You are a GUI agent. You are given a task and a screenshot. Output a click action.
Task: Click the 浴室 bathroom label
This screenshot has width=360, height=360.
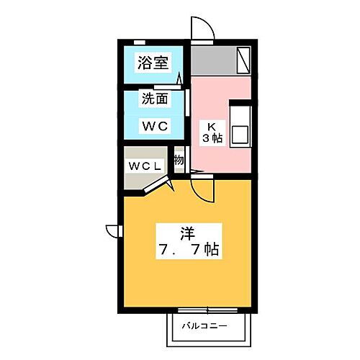pos(153,63)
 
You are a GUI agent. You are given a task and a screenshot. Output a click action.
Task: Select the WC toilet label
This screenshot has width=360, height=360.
pos(153,125)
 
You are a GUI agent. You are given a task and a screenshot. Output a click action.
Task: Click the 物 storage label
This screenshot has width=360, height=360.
pos(179,160)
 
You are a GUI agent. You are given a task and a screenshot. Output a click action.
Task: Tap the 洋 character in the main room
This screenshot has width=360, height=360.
pos(186,234)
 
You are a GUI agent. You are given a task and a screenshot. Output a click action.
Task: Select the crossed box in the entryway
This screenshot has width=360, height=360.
pos(243,58)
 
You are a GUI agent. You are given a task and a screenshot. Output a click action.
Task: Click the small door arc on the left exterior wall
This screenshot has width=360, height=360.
pos(113,230)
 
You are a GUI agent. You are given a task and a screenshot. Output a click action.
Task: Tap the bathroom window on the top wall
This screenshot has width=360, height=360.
pos(140,42)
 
